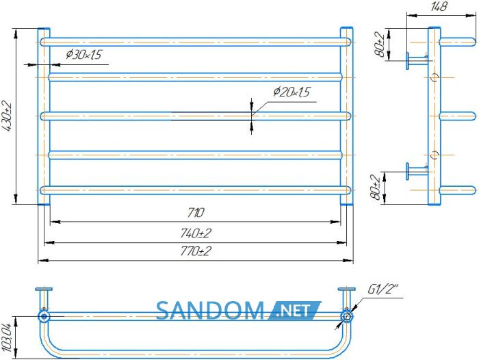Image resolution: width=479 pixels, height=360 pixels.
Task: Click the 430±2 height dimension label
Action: coord(7,116)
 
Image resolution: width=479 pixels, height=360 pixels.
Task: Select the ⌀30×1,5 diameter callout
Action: coord(83,55)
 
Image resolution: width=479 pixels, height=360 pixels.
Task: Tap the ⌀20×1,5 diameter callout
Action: coord(292,92)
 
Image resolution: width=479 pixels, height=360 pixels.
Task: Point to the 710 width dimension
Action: coord(196,212)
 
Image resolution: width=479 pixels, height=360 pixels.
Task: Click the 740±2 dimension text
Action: coord(196,233)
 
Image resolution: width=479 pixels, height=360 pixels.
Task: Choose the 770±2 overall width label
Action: coord(196,251)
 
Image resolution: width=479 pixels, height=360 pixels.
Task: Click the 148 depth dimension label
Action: coord(439,7)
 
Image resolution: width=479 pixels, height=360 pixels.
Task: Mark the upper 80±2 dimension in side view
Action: coord(380,44)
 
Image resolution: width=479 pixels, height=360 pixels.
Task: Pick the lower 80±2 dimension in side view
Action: coord(376,187)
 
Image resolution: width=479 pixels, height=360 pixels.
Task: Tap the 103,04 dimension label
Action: coord(6,337)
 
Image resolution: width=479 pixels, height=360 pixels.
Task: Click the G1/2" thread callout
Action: coord(383,289)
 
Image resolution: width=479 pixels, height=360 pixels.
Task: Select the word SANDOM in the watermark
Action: coord(210,311)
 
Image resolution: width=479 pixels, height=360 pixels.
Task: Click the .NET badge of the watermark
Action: coord(295,311)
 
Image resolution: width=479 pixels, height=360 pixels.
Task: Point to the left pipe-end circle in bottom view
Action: coord(44,316)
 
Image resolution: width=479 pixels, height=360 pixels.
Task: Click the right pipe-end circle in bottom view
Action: coord(347,316)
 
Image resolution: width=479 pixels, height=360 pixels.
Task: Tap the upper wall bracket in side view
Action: coord(417,60)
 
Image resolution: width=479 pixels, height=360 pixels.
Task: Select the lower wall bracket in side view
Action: coord(417,171)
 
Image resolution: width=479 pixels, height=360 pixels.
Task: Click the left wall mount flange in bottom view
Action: coord(44,289)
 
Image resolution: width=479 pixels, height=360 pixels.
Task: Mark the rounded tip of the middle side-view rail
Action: coord(474,116)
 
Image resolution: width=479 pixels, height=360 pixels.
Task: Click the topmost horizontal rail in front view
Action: coord(196,42)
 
